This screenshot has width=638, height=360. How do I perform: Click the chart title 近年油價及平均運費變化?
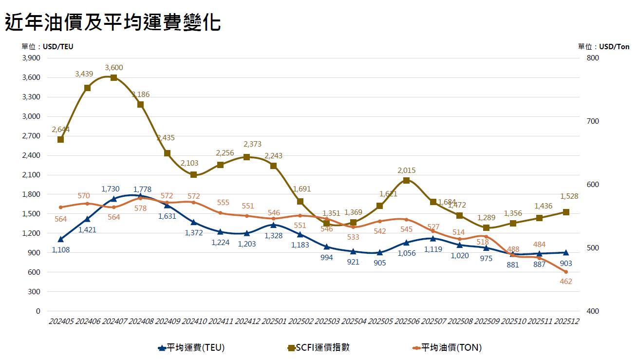click(113, 22)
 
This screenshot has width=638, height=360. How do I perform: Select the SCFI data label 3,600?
click(113, 68)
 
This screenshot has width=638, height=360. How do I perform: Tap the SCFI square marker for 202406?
click(87, 88)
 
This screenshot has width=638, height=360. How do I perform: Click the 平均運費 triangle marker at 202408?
click(140, 196)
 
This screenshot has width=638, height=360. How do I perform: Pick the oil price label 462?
click(566, 282)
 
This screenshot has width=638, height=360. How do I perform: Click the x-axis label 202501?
click(274, 322)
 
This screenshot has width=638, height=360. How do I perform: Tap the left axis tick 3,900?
click(31, 58)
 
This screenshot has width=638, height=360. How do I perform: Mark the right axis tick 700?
click(593, 121)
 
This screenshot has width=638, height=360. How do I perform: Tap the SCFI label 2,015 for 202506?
click(407, 171)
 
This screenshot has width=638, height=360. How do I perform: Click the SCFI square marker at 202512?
click(566, 212)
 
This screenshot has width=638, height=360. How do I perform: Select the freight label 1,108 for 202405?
click(60, 249)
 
